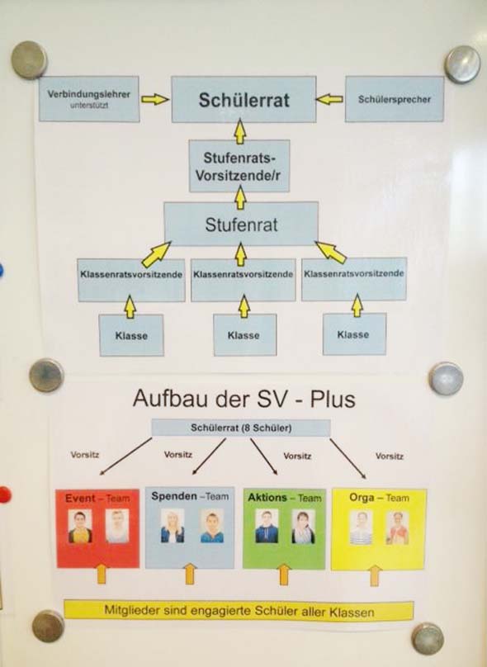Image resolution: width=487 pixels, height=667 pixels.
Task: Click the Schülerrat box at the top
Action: tap(243, 100)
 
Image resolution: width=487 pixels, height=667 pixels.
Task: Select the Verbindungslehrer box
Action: tap(89, 99)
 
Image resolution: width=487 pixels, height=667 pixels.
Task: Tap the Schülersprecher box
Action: tap(395, 99)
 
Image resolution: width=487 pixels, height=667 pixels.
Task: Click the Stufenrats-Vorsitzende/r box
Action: tap(239, 166)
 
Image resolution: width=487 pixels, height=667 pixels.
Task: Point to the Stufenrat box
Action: tap(241, 224)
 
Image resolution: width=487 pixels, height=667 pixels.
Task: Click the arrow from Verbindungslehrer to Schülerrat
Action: tap(155, 100)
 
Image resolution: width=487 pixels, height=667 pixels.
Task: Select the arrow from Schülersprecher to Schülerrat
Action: tap(329, 100)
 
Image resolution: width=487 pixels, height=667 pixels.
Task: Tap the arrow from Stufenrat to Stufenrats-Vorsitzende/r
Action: tap(241, 197)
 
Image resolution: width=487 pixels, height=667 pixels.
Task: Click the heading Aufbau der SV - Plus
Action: tap(243, 399)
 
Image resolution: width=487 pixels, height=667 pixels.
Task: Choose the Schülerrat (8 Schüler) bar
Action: tap(241, 428)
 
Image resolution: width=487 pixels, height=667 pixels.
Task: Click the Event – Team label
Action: tap(97, 498)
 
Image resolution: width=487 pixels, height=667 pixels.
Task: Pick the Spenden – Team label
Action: tap(190, 496)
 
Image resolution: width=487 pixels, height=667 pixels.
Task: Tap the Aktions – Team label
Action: tap(285, 497)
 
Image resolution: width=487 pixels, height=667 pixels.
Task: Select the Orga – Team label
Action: tap(379, 497)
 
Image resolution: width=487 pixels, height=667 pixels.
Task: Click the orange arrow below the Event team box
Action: tap(102, 574)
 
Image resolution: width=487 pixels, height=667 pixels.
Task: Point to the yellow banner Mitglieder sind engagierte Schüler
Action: tap(239, 611)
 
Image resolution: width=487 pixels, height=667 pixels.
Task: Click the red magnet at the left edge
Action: tap(4, 495)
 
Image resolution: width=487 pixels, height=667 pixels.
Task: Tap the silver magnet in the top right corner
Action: tap(462, 64)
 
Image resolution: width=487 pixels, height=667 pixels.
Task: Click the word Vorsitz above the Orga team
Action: tap(389, 456)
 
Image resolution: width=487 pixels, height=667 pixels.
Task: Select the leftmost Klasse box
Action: tap(131, 335)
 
